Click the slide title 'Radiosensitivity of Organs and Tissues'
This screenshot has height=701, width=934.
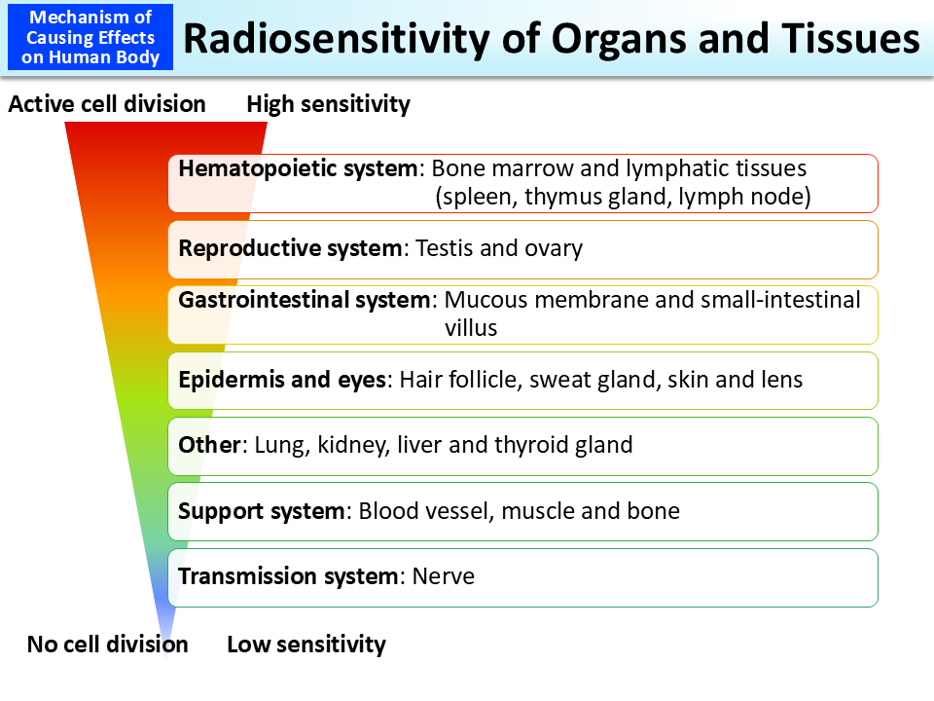(x=551, y=39)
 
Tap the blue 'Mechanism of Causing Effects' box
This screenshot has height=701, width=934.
(x=90, y=38)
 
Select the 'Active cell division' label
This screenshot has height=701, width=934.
(x=107, y=104)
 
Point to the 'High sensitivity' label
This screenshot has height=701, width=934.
(x=328, y=104)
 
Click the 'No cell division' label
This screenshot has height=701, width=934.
(x=107, y=645)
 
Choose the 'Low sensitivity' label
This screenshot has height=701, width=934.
(x=306, y=645)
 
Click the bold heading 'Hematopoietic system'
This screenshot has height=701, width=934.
(x=299, y=168)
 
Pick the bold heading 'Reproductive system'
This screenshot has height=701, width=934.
(x=290, y=248)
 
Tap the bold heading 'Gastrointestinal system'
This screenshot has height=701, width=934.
(x=304, y=300)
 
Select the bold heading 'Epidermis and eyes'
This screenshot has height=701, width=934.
(x=282, y=380)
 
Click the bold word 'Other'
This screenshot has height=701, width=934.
(x=209, y=445)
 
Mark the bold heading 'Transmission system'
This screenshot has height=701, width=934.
(x=289, y=576)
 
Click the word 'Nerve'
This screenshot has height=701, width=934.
(x=444, y=576)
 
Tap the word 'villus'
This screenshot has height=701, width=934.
(x=471, y=328)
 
